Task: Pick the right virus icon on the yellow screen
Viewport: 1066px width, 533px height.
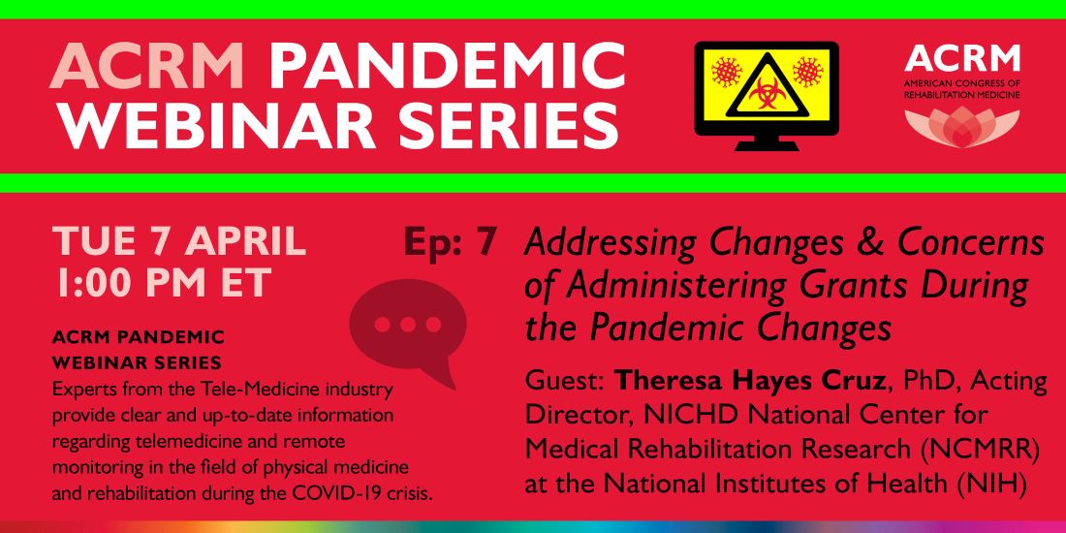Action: tap(807, 72)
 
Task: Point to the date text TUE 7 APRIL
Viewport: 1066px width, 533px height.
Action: tap(179, 240)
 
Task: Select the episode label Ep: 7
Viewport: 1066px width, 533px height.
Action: tap(451, 243)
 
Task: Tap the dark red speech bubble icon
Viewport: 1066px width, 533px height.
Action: tap(408, 328)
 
